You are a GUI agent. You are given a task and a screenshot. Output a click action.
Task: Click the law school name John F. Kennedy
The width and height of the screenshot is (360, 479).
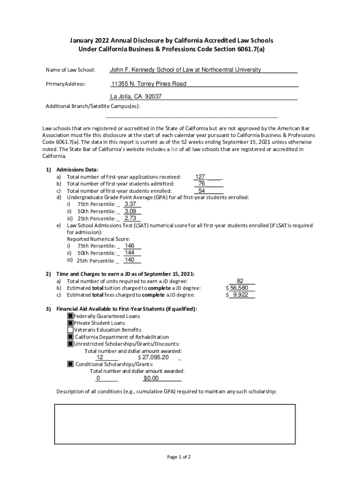pos(185,70)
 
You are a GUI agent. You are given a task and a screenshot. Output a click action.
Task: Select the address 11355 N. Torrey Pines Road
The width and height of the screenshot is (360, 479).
pos(149,84)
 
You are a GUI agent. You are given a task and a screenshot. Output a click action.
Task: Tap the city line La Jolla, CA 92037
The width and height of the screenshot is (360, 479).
pos(136,97)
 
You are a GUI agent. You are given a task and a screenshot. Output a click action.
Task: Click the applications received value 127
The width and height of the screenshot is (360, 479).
pos(201,177)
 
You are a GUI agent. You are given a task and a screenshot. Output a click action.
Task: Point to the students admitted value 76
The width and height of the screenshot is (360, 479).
pos(202,184)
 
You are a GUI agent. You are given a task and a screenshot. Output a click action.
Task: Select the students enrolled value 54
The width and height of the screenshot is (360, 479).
pos(202,191)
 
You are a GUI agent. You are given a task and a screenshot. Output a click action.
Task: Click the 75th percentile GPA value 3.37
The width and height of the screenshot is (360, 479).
pos(130,204)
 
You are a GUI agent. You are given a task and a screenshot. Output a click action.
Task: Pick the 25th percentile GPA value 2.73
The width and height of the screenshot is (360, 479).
pos(130,218)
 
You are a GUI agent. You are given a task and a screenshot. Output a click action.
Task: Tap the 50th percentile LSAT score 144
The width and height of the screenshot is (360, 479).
pos(130,253)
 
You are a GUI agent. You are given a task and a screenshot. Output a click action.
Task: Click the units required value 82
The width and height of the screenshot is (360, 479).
pos(240,281)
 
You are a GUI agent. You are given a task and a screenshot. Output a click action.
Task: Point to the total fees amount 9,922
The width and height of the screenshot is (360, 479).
pos(242,295)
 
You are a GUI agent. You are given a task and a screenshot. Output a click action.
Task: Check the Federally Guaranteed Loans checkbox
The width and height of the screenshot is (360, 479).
pos(71,316)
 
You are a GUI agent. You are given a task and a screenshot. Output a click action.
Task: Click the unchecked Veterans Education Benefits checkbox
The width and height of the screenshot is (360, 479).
pos(71,330)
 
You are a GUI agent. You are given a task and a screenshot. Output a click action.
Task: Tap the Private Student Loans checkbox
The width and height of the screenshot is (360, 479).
pos(71,323)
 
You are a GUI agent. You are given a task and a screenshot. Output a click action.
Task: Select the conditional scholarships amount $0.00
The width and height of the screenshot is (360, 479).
pos(151,378)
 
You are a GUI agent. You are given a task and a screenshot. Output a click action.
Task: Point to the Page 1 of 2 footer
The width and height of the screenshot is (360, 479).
pos(179,457)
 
